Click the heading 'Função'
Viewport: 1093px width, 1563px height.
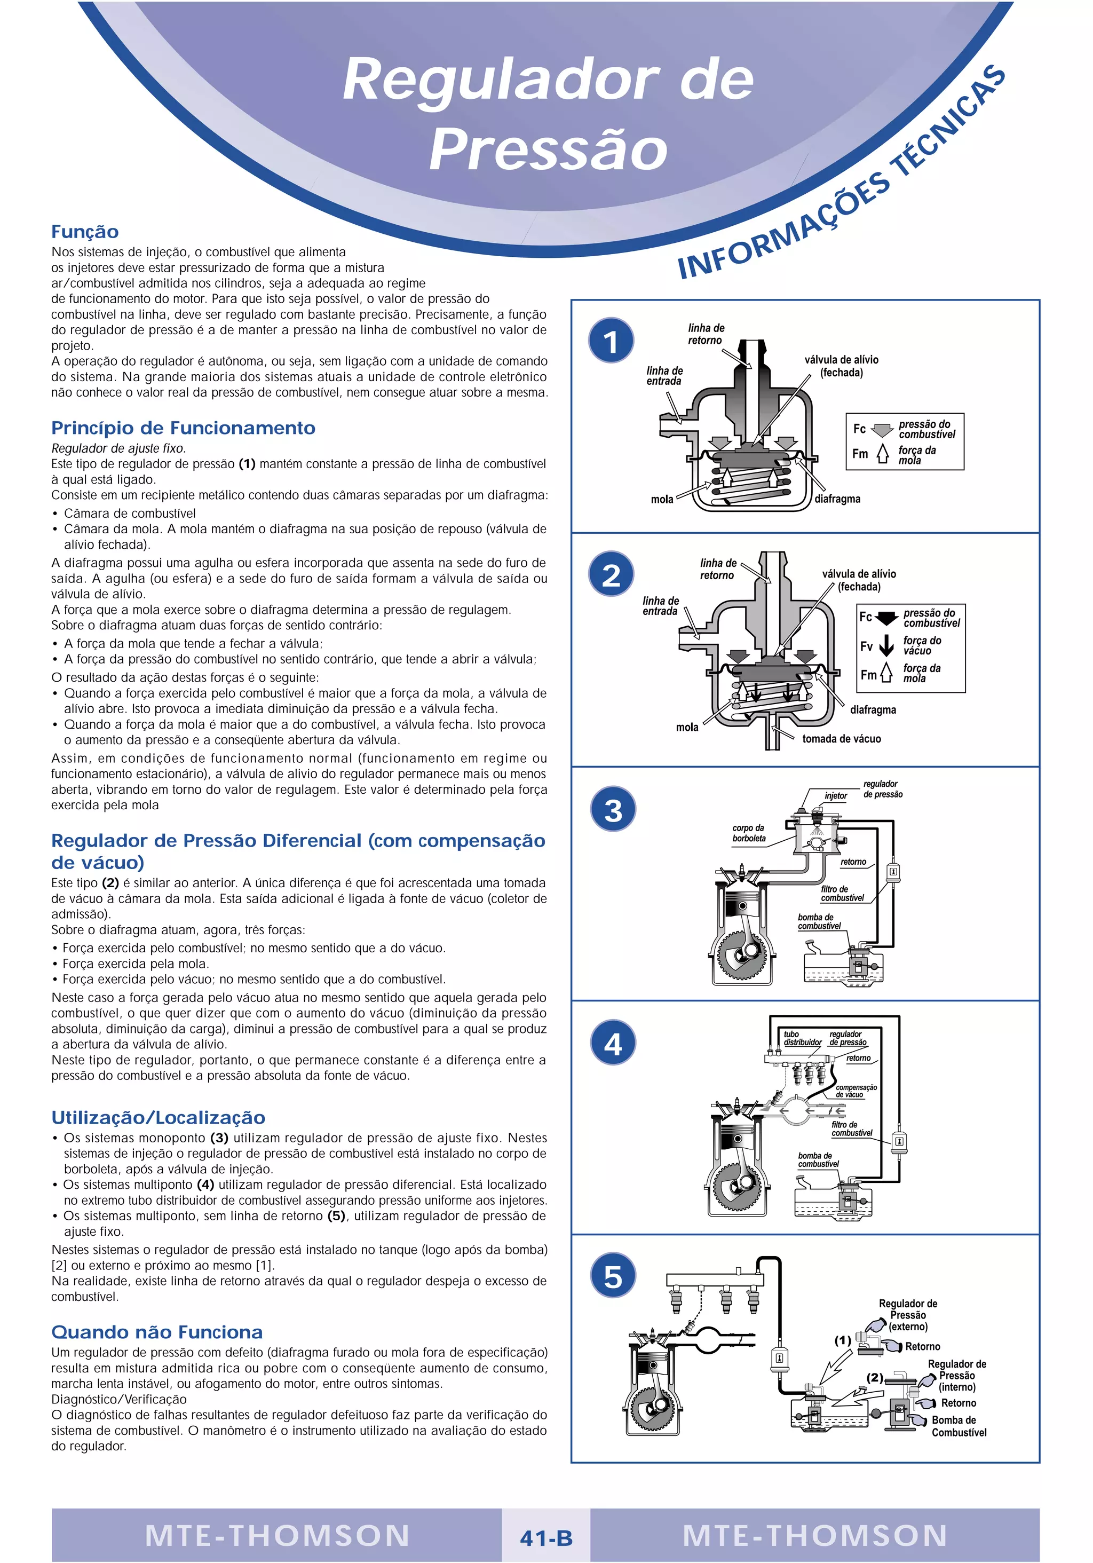click(85, 232)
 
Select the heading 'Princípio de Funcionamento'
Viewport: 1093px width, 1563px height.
click(183, 428)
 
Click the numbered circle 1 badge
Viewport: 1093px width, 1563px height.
click(611, 341)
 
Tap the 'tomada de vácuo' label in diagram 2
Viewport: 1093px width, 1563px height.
click(841, 739)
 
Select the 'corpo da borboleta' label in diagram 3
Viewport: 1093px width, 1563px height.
click(749, 833)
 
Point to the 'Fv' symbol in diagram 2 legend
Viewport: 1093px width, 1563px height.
click(866, 646)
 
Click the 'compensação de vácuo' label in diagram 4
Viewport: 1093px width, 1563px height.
click(856, 1091)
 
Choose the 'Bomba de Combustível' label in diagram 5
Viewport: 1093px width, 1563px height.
click(959, 1426)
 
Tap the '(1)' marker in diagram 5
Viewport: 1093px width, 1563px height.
click(843, 1340)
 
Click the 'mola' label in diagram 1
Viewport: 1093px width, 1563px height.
click(662, 500)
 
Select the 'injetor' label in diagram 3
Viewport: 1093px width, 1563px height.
click(836, 796)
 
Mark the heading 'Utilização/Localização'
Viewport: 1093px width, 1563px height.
click(158, 1118)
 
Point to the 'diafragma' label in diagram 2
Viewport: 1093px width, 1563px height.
click(873, 710)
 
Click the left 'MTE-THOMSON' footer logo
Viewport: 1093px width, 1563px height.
click(277, 1536)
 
